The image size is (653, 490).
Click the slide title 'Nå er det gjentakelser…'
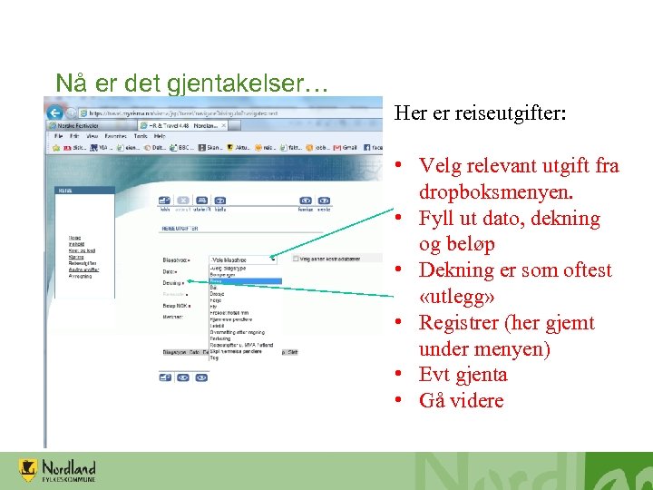[x=191, y=83]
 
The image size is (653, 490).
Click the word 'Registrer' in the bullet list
[x=461, y=323]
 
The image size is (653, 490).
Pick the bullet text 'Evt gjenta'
[x=463, y=375]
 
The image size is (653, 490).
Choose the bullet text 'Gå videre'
[x=461, y=400]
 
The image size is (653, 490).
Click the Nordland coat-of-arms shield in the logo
[x=29, y=470]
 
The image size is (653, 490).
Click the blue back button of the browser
[x=54, y=113]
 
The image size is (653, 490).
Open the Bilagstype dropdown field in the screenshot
[x=242, y=259]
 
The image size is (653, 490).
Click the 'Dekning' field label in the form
[x=171, y=282]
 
